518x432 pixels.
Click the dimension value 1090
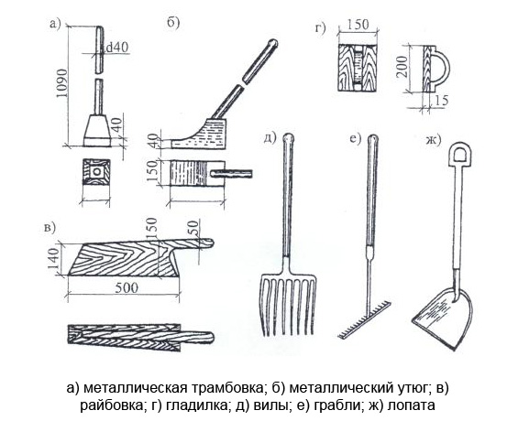(61, 83)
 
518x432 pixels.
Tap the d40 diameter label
(116, 48)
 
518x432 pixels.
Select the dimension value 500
(127, 288)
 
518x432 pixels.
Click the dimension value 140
(53, 258)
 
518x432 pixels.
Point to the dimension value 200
(402, 67)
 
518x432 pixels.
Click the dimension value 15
(440, 101)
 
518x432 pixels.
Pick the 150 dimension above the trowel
(358, 25)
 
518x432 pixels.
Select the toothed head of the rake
(365, 319)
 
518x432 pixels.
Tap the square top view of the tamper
(96, 171)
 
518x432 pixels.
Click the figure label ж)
(433, 140)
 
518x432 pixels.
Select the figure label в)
(50, 228)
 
